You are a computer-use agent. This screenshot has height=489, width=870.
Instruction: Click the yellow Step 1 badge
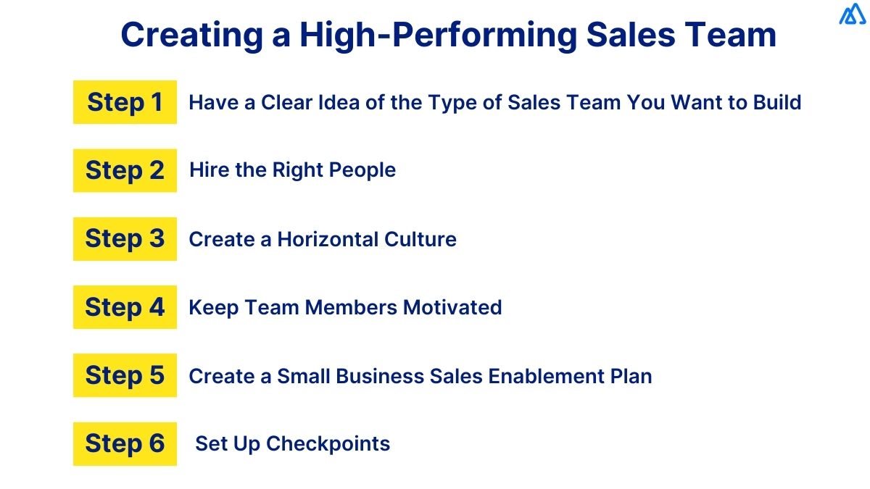click(125, 102)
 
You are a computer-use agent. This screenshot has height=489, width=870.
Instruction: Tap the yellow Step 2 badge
click(125, 170)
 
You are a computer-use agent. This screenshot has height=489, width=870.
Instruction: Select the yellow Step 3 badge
click(125, 238)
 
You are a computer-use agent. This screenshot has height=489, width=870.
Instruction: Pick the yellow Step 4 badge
click(125, 307)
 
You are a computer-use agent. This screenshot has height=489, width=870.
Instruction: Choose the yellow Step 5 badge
click(125, 375)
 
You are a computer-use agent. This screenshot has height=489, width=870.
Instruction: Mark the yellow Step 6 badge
click(125, 443)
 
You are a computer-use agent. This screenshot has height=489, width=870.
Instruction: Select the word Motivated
click(452, 307)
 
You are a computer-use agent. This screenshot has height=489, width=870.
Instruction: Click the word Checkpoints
click(328, 443)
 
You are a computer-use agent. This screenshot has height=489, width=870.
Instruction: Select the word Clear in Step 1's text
click(286, 102)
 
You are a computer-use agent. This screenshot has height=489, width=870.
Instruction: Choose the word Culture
click(421, 239)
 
